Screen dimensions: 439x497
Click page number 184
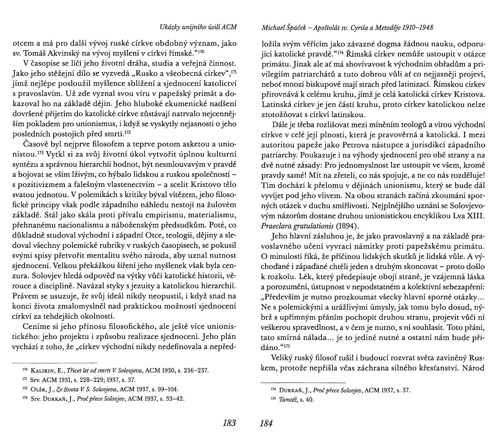(266, 423)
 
